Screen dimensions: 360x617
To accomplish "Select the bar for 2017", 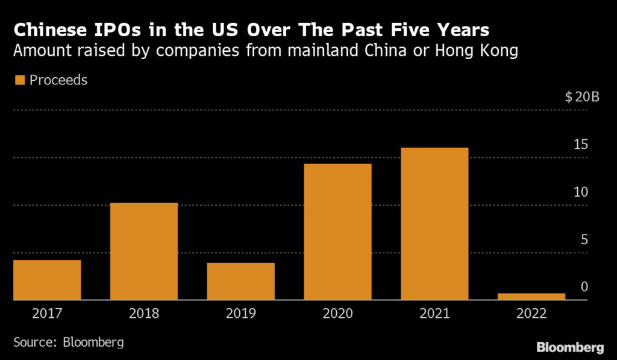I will [47, 280].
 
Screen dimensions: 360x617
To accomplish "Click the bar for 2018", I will [144, 251].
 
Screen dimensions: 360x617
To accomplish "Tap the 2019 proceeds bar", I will [241, 281].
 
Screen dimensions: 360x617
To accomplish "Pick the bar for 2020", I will [338, 232].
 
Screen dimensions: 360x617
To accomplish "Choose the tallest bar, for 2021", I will [434, 224].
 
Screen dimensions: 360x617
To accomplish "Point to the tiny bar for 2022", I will [531, 296].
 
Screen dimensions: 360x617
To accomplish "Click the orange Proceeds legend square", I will [19, 80].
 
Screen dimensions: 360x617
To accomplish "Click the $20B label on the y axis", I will [582, 98].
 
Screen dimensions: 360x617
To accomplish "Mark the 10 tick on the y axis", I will [580, 192].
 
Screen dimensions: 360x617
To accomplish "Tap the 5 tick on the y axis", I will [584, 240].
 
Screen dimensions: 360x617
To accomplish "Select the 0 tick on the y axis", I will [584, 287].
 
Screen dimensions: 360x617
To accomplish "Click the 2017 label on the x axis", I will [47, 314].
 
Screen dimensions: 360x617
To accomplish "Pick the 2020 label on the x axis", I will [338, 314].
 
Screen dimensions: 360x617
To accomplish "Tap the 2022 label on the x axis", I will [531, 314].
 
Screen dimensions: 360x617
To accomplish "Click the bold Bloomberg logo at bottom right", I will [570, 347].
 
